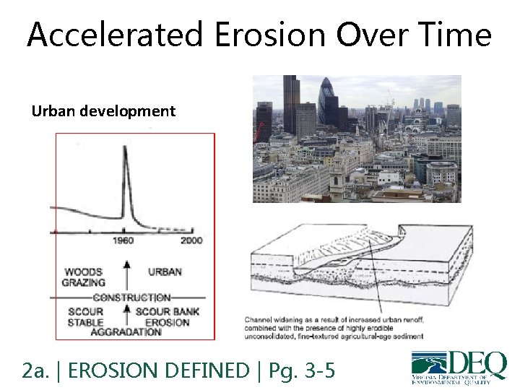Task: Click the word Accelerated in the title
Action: (x=113, y=35)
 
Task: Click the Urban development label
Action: (x=103, y=111)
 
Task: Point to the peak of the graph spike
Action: (x=124, y=149)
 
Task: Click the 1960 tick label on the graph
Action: (x=124, y=240)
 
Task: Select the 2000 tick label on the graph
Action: (x=191, y=240)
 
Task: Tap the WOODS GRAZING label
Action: (x=84, y=277)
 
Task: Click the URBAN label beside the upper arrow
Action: (x=165, y=272)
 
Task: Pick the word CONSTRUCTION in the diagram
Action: (x=131, y=298)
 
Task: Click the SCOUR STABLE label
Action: (x=85, y=317)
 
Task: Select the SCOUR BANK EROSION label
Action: (x=167, y=317)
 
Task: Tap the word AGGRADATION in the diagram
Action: (x=126, y=332)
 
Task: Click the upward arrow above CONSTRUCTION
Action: (x=127, y=275)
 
